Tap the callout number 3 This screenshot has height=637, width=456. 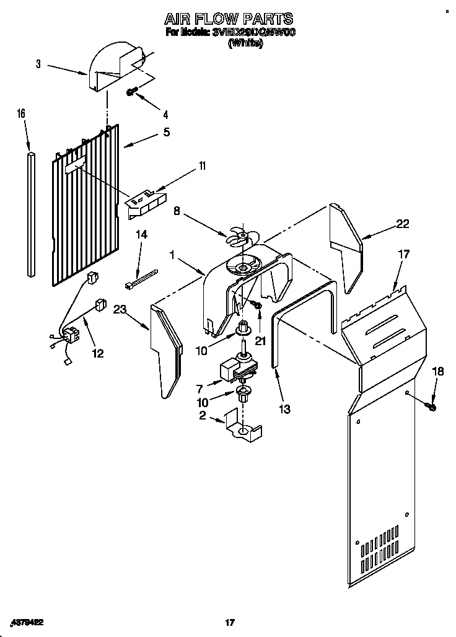click(38, 64)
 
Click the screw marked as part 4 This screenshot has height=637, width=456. click(131, 92)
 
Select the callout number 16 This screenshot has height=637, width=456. click(21, 113)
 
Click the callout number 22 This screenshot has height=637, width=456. click(402, 224)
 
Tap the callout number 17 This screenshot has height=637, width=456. click(403, 253)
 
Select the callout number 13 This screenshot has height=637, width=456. click(284, 409)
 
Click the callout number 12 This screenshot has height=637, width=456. click(97, 353)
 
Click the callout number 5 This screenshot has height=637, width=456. click(166, 131)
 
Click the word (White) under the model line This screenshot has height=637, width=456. click(245, 44)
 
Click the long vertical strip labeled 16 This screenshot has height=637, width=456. click(31, 211)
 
